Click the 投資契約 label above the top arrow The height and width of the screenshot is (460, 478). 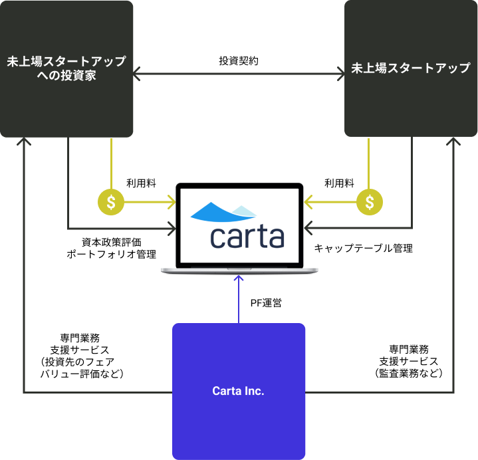[239, 61]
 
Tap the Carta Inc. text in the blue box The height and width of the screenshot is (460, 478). [239, 391]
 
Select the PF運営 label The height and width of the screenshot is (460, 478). [266, 303]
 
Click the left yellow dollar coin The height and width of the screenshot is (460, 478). [111, 202]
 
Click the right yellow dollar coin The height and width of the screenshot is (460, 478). [370, 202]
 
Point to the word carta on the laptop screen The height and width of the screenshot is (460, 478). [247, 237]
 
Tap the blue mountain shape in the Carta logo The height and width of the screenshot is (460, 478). [223, 212]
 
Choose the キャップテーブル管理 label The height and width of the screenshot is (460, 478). [364, 248]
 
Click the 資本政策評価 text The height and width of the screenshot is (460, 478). [112, 243]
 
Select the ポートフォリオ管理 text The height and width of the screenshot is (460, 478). [112, 254]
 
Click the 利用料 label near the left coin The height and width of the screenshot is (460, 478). [142, 183]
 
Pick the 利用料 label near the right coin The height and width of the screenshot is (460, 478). [339, 183]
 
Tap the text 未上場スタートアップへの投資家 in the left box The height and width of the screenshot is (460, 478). [66, 68]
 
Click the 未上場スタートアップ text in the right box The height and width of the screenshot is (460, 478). [411, 68]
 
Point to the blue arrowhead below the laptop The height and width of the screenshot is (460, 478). [239, 279]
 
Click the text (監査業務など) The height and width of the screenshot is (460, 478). [409, 373]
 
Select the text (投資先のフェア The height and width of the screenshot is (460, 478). [77, 362]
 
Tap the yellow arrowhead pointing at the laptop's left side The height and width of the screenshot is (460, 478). [172, 202]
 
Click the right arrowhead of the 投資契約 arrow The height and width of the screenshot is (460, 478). [341, 74]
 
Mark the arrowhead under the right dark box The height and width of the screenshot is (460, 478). [453, 141]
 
